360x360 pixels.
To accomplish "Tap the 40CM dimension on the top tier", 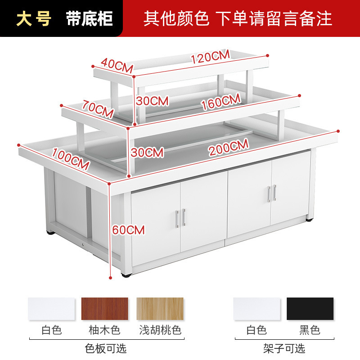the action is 117,65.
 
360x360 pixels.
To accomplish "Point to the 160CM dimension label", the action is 221,102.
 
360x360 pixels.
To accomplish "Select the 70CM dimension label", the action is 98,108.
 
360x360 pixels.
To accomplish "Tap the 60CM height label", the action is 129,230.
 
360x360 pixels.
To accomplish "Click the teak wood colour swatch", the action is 104,309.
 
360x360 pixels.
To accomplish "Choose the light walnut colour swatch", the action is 160,309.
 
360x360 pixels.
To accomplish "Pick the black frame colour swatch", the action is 310,309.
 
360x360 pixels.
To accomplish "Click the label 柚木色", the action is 104,331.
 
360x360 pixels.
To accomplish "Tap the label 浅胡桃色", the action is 160,331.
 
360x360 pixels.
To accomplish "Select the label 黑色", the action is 310,331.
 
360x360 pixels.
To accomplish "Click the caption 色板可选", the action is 106,348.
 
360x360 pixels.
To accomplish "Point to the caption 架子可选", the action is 284,348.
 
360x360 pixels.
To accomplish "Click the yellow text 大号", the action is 34,18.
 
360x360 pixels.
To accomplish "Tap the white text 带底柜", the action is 89,18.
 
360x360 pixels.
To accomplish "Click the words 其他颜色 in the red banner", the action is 176,18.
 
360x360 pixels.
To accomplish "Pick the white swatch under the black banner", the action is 51,309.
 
